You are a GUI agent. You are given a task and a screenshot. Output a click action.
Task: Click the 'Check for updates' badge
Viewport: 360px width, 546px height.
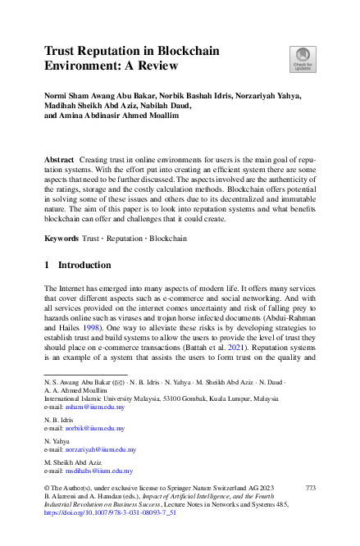pyautogui.click(x=303, y=58)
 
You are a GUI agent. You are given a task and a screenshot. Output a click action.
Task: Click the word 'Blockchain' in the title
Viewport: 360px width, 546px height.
pyautogui.click(x=189, y=51)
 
